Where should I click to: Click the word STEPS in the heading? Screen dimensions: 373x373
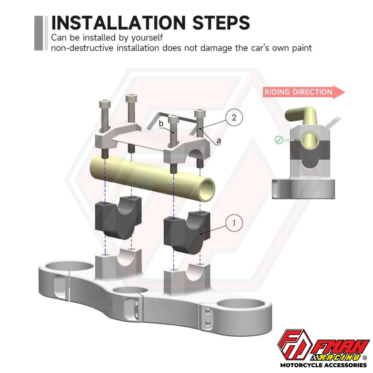tap(221, 23)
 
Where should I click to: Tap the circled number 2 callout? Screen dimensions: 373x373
tap(234, 117)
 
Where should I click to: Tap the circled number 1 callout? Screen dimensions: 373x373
tap(234, 223)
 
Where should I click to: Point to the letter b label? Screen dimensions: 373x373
tap(161, 123)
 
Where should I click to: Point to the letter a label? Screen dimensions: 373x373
tap(219, 141)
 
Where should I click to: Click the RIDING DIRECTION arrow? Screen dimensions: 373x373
tap(304, 92)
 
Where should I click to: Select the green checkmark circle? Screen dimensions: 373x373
tap(279, 140)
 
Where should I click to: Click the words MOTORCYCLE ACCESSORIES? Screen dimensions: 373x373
tap(324, 365)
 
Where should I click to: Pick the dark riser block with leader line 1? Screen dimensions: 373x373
tap(187, 232)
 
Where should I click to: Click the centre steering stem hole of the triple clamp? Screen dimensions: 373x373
tap(130, 290)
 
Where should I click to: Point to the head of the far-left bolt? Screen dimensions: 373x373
tap(105, 104)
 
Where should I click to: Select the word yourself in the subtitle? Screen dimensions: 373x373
tap(147, 38)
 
